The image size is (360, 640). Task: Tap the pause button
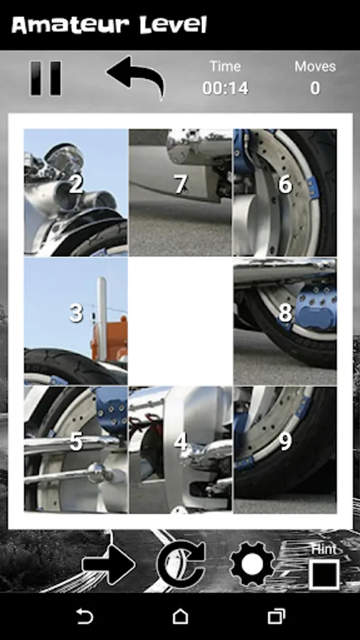tap(46, 78)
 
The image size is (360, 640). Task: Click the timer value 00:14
tap(226, 88)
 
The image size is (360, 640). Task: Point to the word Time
tap(226, 66)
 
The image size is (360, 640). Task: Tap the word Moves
tap(315, 66)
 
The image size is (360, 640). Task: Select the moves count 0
tap(315, 88)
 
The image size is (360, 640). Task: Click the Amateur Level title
tap(110, 26)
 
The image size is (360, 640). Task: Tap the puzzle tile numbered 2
tap(76, 193)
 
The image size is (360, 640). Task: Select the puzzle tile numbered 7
tap(181, 193)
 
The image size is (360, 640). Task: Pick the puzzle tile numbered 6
tap(285, 193)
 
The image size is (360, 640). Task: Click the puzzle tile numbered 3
tap(76, 321)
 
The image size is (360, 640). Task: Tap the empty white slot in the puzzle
tap(181, 321)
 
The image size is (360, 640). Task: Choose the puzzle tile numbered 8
tap(285, 321)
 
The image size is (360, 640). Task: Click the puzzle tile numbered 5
tap(76, 450)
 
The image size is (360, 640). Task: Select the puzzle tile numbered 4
tap(181, 450)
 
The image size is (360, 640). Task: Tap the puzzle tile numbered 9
tap(285, 450)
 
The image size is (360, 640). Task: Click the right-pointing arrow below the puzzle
tap(109, 565)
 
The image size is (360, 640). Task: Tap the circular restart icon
tap(181, 565)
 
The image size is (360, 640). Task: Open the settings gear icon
tap(253, 565)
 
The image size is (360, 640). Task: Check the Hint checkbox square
tap(324, 575)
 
